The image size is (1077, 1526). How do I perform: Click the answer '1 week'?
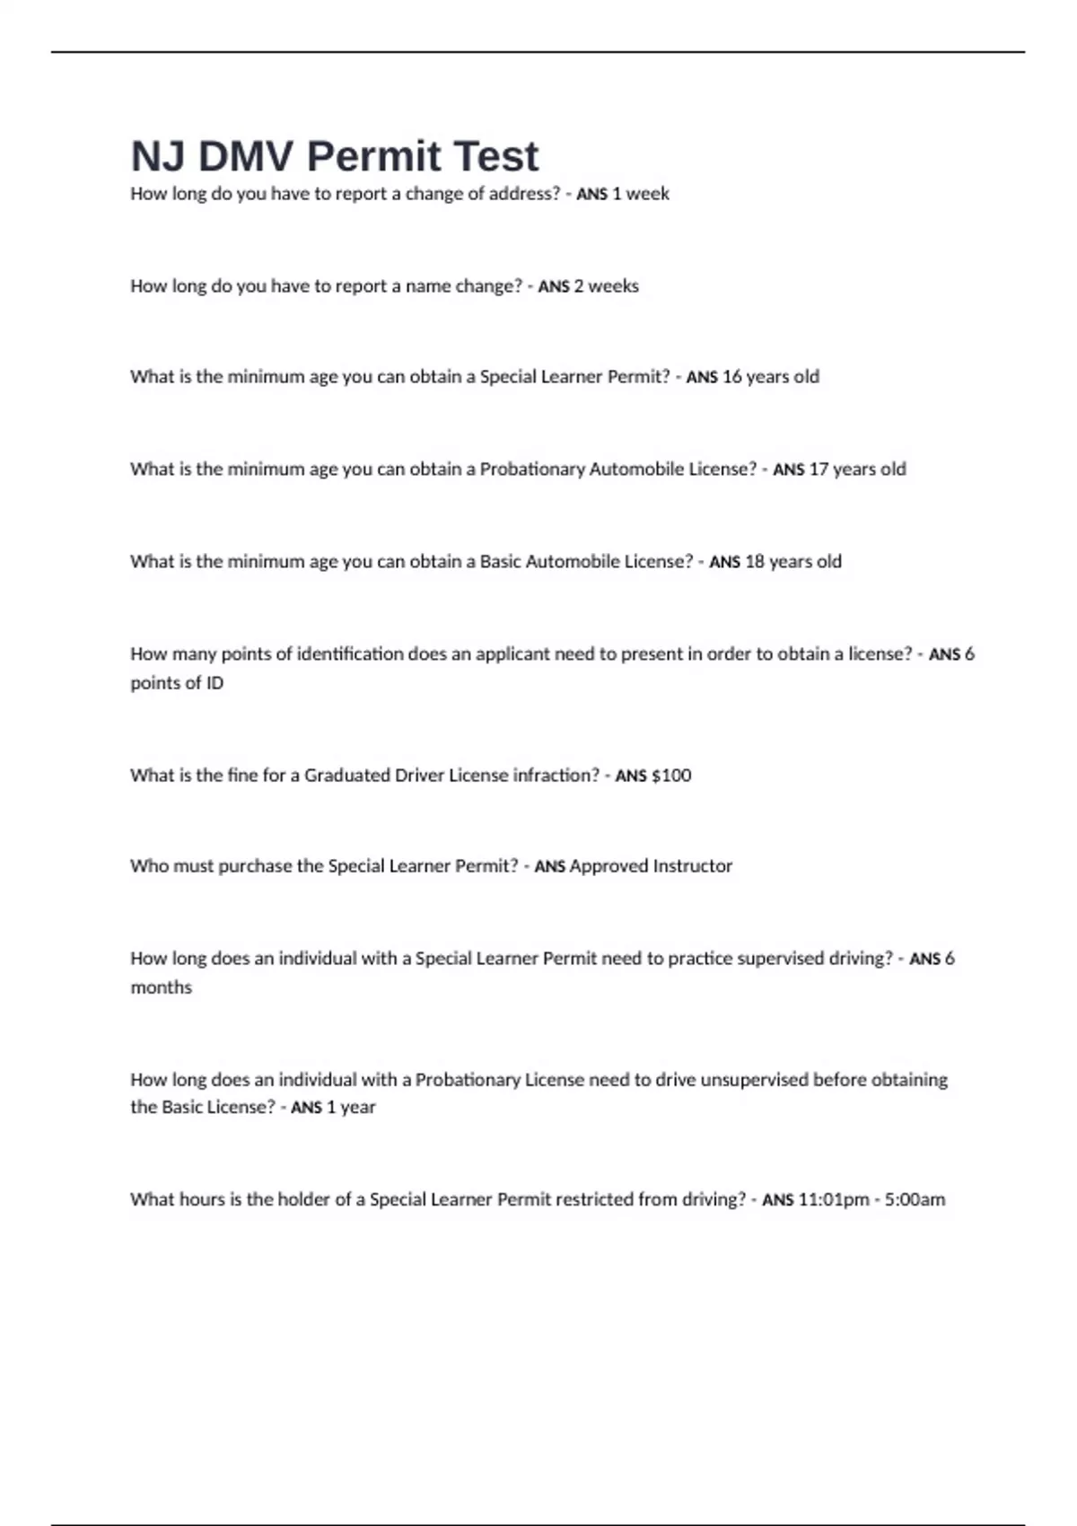click(641, 194)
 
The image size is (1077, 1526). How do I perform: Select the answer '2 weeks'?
click(607, 286)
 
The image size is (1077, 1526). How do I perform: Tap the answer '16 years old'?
click(771, 377)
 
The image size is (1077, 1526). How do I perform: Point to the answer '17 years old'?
click(858, 469)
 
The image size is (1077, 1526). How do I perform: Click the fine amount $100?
click(671, 776)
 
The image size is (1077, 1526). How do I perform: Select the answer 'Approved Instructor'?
click(651, 866)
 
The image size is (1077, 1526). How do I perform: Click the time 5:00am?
click(915, 1200)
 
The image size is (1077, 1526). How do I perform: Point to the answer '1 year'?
click(351, 1108)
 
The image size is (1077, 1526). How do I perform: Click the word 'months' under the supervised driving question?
click(162, 987)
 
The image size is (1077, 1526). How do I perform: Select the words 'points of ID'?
click(177, 683)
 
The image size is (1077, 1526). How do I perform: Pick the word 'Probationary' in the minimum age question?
click(532, 469)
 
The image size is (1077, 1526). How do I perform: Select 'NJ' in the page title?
click(159, 157)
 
